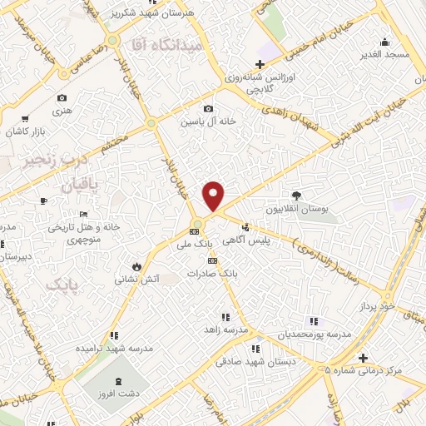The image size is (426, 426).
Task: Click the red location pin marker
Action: (x=215, y=195)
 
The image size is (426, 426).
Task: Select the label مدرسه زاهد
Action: (x=227, y=330)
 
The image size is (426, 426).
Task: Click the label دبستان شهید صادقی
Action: (x=251, y=361)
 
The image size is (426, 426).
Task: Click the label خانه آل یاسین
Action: (x=210, y=121)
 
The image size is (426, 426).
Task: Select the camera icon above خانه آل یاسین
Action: (x=208, y=108)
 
